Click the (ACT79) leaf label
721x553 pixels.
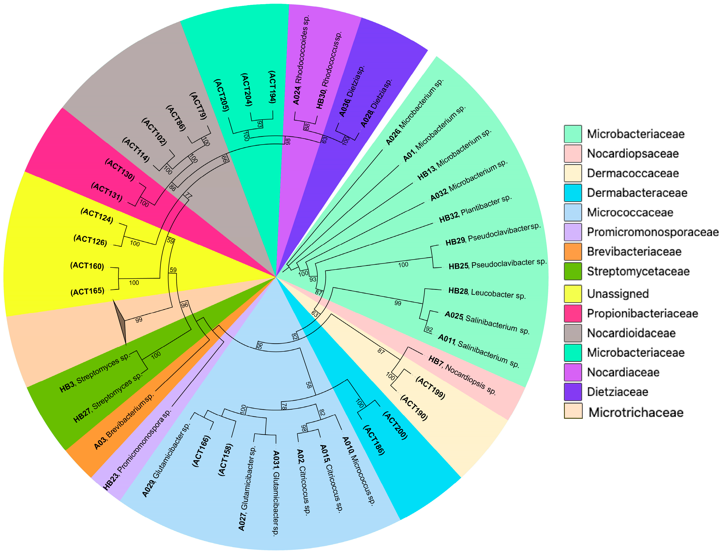pos(199,106)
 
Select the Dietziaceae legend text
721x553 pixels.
pos(617,392)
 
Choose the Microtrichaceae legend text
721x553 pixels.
pos(636,412)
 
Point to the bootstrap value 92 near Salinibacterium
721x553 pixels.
pos(429,329)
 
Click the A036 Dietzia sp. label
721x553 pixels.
pos(352,91)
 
